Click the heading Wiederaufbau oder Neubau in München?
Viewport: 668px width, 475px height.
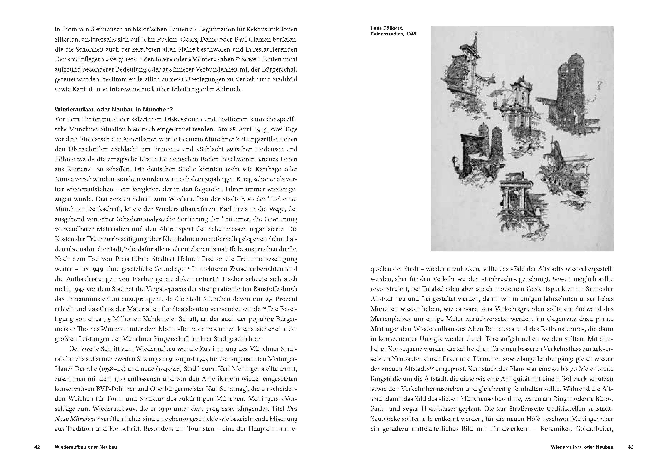tap(114, 109)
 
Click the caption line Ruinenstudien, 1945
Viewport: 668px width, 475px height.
tap(393, 34)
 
